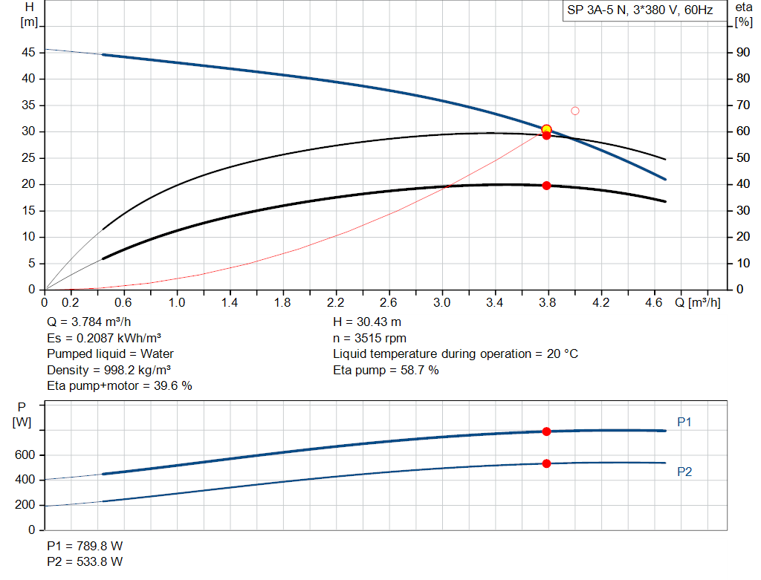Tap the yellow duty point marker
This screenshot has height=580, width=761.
(546, 129)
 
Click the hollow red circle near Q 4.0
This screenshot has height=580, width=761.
(574, 111)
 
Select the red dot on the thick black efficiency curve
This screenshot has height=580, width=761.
(546, 186)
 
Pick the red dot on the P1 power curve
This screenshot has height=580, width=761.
(546, 431)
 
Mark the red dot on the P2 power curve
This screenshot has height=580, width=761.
(546, 463)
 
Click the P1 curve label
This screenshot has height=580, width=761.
(684, 423)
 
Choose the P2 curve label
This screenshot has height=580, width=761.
(684, 472)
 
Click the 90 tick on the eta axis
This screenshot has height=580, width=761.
(742, 53)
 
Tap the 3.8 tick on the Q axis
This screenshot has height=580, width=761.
(548, 303)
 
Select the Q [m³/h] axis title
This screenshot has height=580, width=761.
(697, 303)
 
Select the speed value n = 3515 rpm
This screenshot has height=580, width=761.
(369, 338)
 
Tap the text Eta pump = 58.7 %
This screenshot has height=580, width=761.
(386, 370)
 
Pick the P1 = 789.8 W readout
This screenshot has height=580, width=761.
(85, 546)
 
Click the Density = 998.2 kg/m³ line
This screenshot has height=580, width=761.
(104, 370)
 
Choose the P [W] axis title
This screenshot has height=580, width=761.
(22, 414)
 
